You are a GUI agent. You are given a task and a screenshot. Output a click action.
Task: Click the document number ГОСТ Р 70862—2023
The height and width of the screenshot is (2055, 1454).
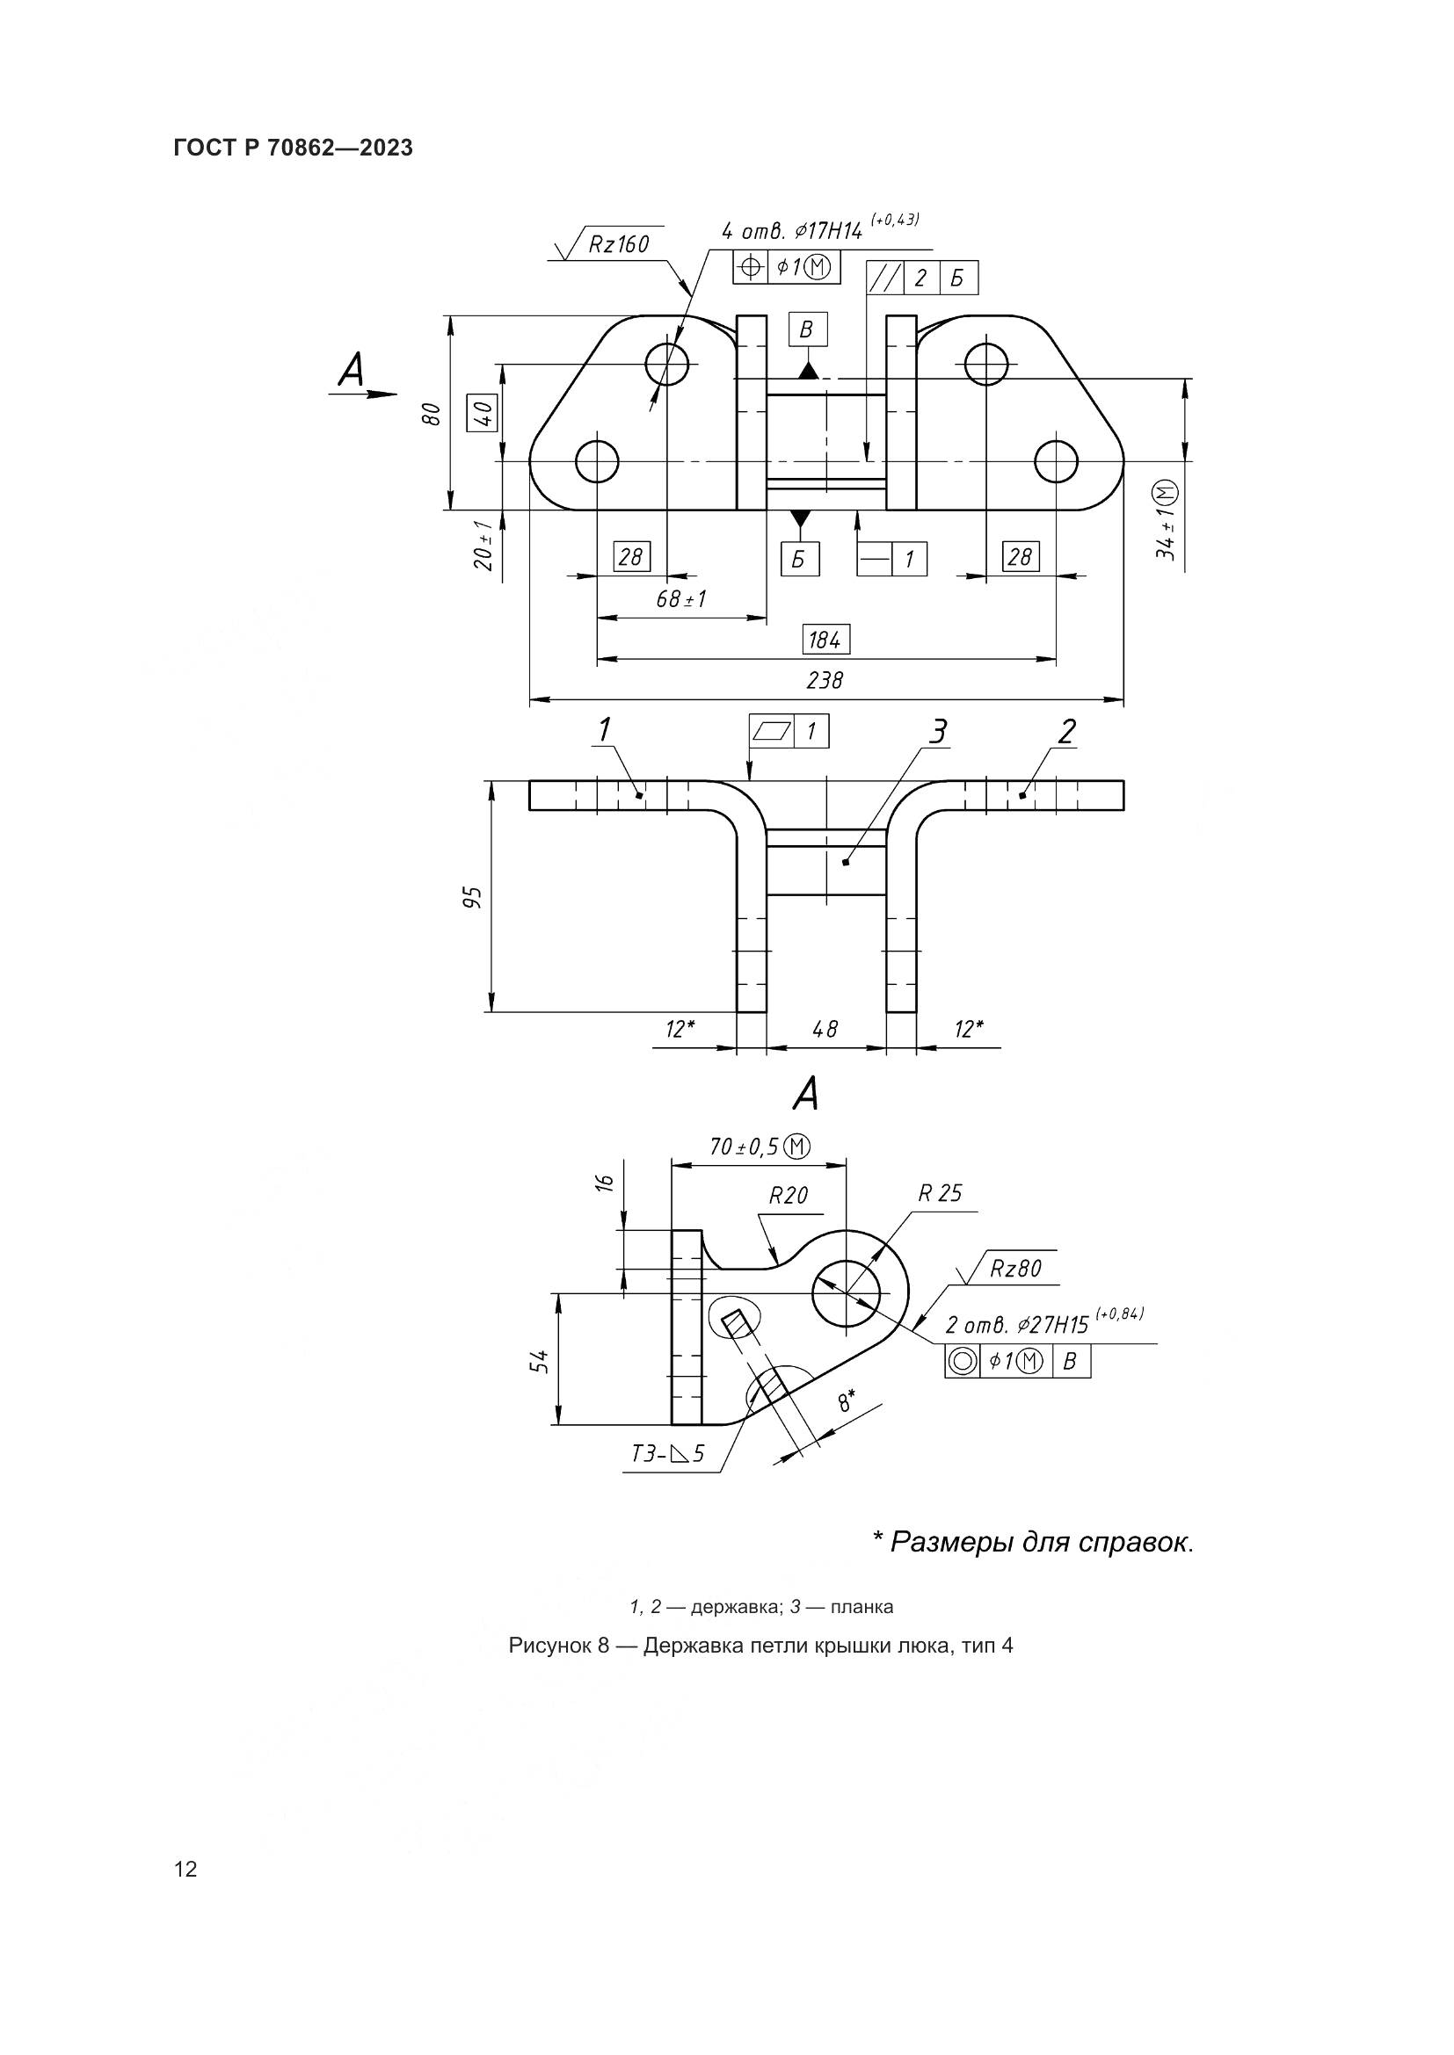(x=293, y=148)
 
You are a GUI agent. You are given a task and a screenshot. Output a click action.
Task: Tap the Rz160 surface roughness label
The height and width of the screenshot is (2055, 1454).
(x=618, y=243)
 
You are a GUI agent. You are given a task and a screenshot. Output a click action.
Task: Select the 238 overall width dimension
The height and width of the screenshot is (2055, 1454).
(x=825, y=680)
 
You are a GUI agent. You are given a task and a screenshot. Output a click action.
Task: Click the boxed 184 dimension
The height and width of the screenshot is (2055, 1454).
(x=825, y=640)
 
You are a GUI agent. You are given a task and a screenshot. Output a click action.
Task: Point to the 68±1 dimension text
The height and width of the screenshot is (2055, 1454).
(x=681, y=599)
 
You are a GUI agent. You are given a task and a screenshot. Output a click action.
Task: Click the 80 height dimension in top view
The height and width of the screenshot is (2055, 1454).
(x=432, y=414)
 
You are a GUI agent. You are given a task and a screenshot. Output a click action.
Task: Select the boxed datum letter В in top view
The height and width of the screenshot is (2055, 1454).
(x=807, y=329)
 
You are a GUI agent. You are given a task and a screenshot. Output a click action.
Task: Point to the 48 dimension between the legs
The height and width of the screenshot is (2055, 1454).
(x=825, y=1030)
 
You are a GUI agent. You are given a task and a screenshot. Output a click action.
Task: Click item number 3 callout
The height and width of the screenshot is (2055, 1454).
(x=936, y=732)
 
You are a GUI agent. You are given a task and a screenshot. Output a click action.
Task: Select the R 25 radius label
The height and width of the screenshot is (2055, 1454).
(x=940, y=1193)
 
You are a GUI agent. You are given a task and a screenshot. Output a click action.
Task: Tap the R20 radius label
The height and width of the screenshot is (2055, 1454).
(x=788, y=1195)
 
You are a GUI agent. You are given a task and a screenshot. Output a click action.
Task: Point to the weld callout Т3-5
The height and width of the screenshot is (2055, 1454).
(x=668, y=1453)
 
